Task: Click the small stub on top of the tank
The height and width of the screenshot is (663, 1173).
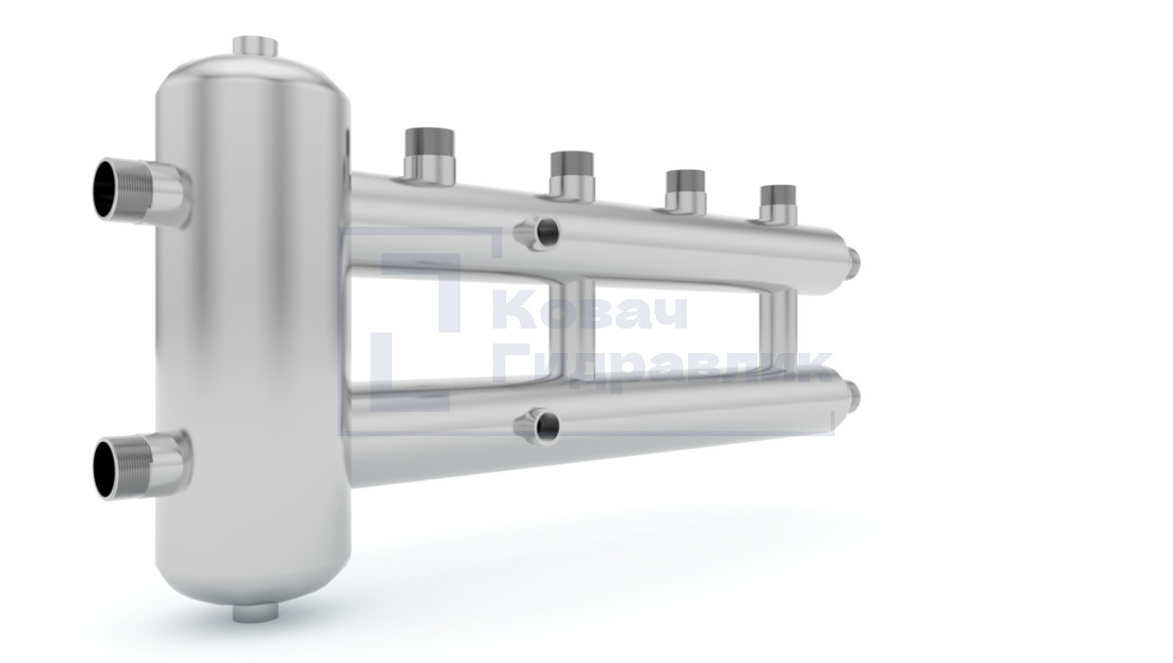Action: coord(254,46)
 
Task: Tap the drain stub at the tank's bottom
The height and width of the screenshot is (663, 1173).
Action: coord(255,612)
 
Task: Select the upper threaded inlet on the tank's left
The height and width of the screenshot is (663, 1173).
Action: coord(142,191)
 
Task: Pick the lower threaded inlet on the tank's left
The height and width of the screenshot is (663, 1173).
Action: coord(142,467)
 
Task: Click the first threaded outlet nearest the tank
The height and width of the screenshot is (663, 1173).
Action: coord(429,156)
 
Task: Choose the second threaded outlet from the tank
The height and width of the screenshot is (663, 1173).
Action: coord(572,176)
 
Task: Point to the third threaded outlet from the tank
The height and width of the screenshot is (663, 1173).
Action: coord(685,192)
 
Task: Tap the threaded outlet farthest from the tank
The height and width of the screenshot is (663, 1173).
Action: coord(778,203)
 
